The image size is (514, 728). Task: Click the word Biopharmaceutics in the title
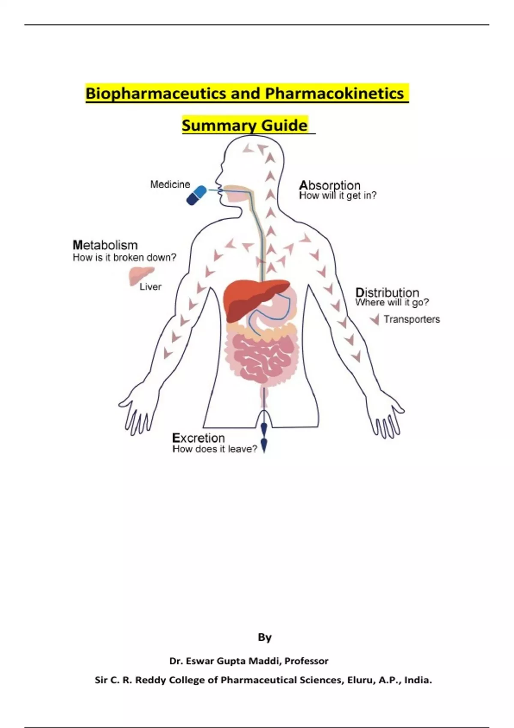pos(156,93)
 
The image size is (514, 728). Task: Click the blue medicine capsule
pos(196,195)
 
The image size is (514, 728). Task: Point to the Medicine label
pos(170,185)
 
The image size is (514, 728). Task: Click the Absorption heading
pos(329,185)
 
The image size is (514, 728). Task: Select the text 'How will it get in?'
pos(338,196)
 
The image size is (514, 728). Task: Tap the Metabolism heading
pos(105,245)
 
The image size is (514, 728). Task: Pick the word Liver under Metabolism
pos(150,287)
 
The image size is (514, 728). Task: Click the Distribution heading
pos(387,293)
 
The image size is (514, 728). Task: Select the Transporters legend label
pos(412,319)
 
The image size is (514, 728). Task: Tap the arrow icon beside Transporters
pos(375,319)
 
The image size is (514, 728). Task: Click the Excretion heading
pos(198,438)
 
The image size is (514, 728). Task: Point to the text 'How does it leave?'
pos(215,449)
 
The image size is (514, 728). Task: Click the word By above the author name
pos(265,638)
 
